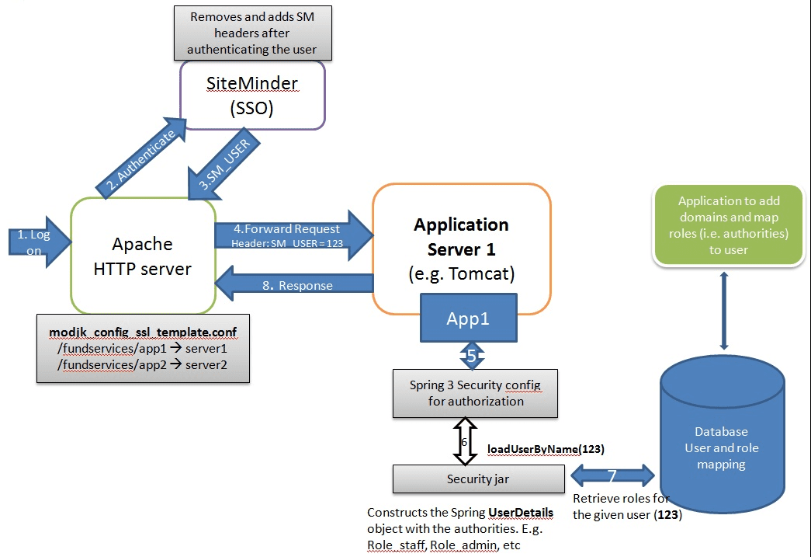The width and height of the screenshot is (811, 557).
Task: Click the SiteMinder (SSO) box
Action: tap(252, 95)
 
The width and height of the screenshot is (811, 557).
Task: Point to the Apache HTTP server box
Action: tap(143, 256)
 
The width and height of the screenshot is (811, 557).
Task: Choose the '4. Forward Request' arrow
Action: tap(290, 234)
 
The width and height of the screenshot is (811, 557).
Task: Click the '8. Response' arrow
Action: tap(295, 285)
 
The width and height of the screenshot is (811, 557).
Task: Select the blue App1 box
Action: tap(467, 318)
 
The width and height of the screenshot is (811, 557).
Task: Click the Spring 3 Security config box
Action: tap(475, 393)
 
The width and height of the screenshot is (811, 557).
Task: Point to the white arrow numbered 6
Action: tap(464, 440)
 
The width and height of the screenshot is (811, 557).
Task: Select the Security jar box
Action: tap(478, 479)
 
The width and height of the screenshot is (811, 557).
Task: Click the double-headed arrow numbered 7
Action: tap(612, 475)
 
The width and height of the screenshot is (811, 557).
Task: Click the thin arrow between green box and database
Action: tap(723, 310)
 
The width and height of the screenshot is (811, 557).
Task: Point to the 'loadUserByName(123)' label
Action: tap(546, 449)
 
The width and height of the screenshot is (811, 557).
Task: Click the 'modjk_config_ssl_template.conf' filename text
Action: tap(143, 332)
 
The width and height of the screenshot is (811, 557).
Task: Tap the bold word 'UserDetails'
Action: tap(520, 513)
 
